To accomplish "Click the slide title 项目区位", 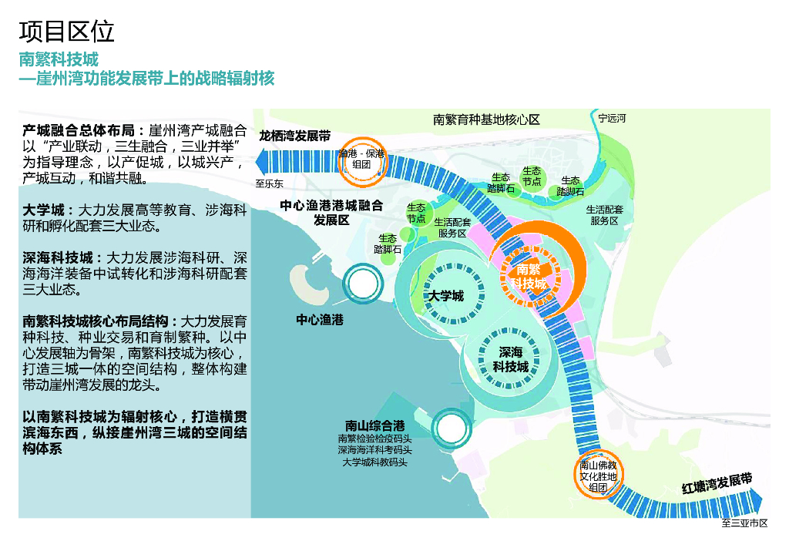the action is [x=67, y=32].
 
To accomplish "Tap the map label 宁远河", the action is [x=613, y=119].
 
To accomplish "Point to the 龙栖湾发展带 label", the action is [x=294, y=136].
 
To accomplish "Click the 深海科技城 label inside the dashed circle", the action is [x=511, y=359].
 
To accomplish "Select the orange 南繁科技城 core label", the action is [x=529, y=275].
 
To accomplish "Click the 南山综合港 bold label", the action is [x=374, y=425].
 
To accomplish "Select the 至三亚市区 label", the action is [x=744, y=523].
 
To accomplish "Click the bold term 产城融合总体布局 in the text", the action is [x=79, y=129].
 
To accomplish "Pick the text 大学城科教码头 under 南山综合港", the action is [x=374, y=462].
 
